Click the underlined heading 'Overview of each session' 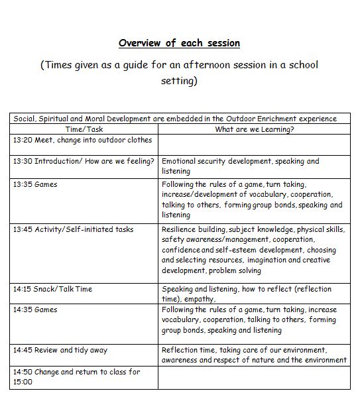click(x=179, y=43)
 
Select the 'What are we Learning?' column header click(x=255, y=129)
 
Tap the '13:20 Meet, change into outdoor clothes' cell click(x=82, y=140)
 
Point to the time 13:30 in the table click(x=23, y=161)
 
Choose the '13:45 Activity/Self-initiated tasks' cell click(x=73, y=229)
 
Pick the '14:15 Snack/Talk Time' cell click(x=52, y=289)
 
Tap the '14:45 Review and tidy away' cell click(x=60, y=350)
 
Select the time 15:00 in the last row click(x=23, y=382)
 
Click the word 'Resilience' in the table click(x=178, y=229)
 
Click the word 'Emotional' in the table click(x=179, y=161)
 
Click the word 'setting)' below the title click(x=179, y=82)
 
